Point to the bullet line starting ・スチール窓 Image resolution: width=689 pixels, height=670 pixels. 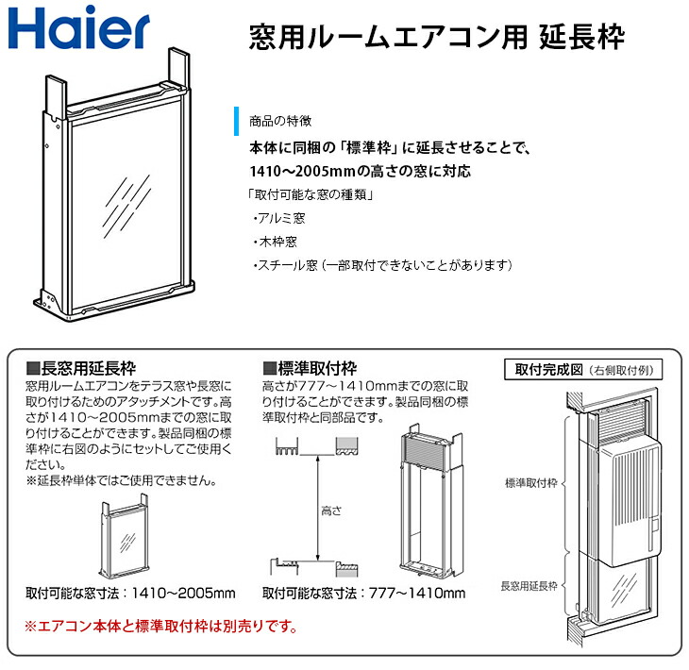coord(381,266)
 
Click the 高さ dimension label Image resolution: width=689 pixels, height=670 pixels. coord(331,510)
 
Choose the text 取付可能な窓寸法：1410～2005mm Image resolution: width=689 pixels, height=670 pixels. coord(130,594)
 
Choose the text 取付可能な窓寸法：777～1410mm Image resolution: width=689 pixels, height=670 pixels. coord(363,594)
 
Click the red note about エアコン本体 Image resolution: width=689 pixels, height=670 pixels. coord(160,626)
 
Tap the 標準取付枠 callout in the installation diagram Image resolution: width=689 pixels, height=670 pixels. coord(532,480)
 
